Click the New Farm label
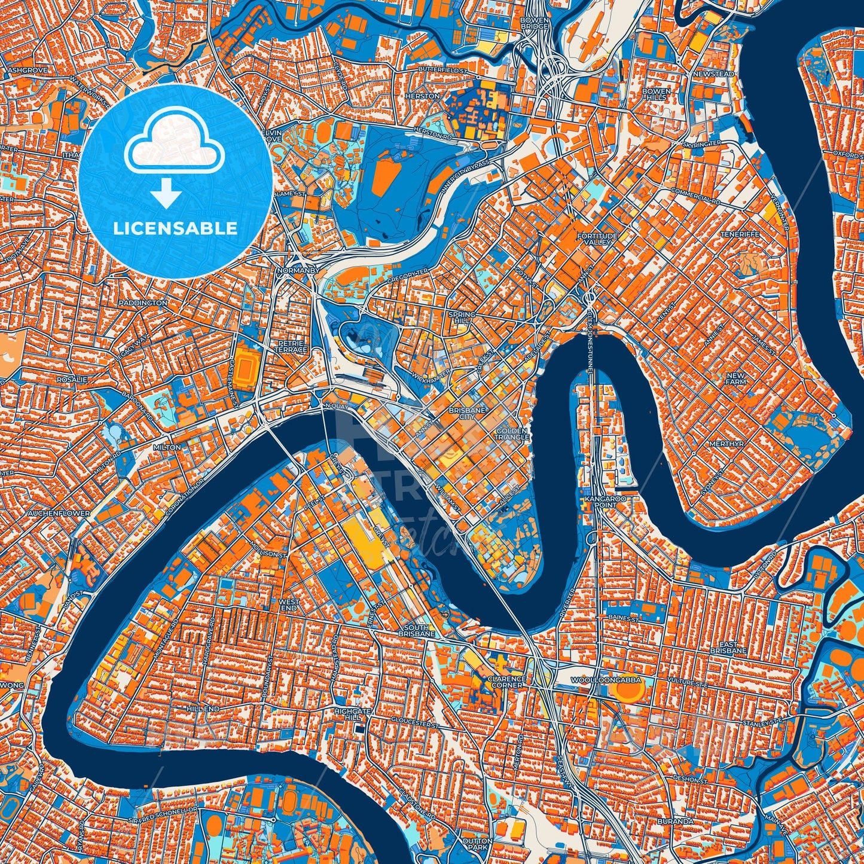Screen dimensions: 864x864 tap(736, 378)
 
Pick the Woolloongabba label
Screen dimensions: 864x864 tap(606, 680)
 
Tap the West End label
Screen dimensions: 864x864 tap(289, 605)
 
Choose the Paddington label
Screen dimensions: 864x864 tap(143, 303)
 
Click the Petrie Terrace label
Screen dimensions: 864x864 tap(292, 347)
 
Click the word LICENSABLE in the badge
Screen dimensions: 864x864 tap(176, 228)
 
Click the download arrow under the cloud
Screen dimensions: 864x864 tap(166, 194)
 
